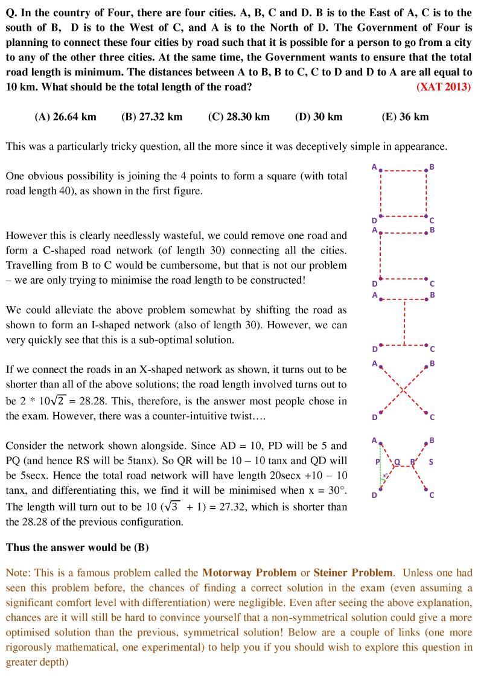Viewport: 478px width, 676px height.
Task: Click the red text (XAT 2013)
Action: pyautogui.click(x=444, y=86)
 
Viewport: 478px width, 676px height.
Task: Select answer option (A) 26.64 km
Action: pyautogui.click(x=65, y=116)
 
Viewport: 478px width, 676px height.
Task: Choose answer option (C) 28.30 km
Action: pyautogui.click(x=238, y=116)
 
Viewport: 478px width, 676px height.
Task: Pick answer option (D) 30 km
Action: pyautogui.click(x=319, y=116)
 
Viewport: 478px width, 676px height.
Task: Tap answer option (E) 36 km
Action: pyautogui.click(x=405, y=116)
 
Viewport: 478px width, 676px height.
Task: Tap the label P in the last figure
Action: pyautogui.click(x=377, y=462)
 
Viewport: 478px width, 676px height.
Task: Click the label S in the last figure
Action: pyautogui.click(x=430, y=462)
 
